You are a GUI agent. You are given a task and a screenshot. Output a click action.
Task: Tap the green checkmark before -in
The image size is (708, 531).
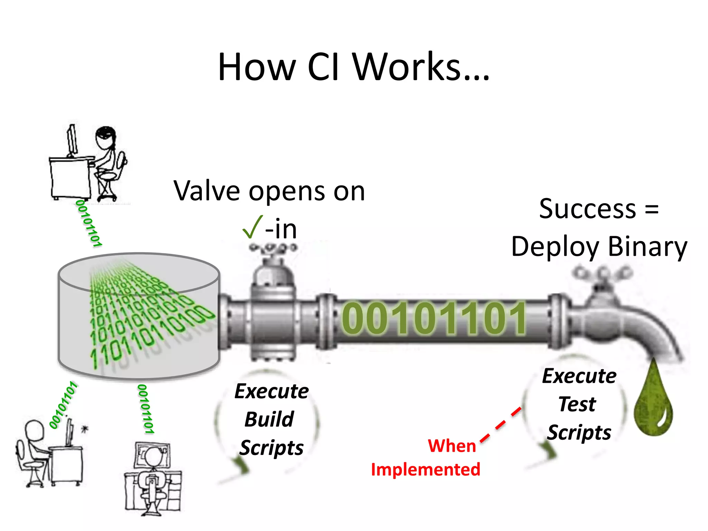tap(252, 227)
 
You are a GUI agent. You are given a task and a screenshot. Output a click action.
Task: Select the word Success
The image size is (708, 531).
tap(587, 209)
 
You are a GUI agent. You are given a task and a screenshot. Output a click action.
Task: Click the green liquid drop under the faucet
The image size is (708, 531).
tap(653, 401)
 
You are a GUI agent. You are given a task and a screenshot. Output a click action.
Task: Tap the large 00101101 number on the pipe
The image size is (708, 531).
tap(434, 319)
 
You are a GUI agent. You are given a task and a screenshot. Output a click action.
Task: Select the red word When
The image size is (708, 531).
tap(452, 446)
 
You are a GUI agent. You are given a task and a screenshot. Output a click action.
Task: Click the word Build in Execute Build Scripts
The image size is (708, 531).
tap(269, 420)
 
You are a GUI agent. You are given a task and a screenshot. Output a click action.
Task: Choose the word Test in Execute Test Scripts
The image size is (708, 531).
tap(577, 404)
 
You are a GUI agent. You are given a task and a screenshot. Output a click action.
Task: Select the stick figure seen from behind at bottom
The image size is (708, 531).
tap(152, 477)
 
